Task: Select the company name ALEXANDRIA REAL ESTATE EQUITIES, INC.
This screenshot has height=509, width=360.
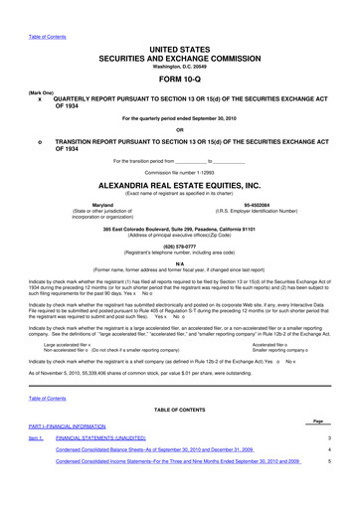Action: pos(179,186)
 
